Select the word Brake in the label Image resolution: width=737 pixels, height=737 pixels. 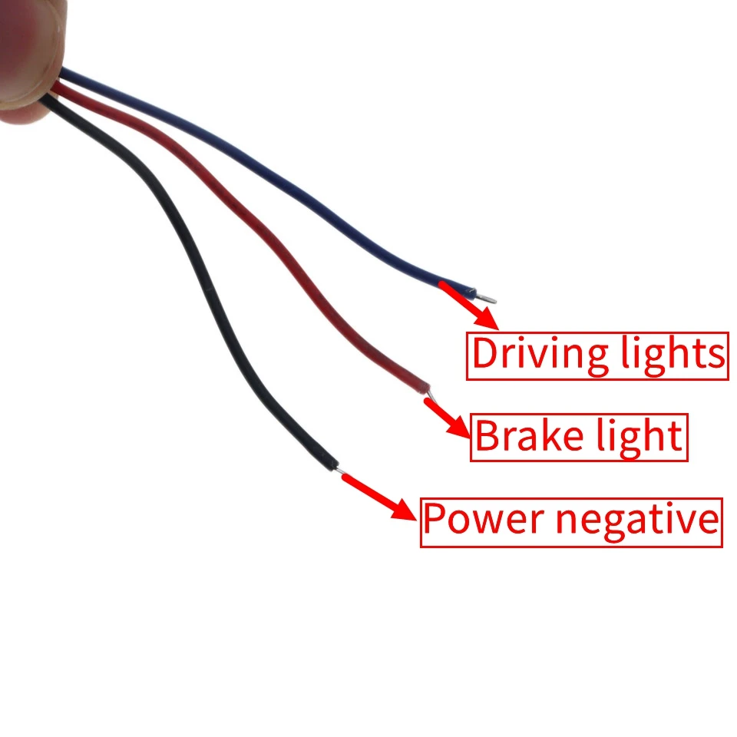pos(520,437)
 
